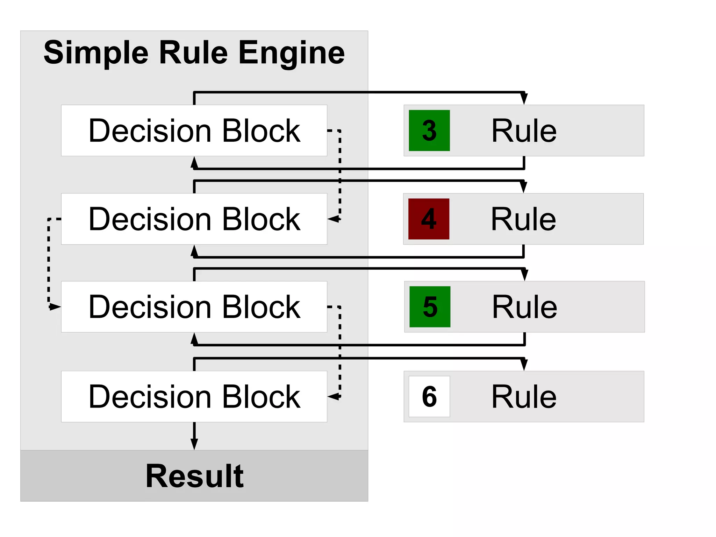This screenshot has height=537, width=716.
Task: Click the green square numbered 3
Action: (429, 130)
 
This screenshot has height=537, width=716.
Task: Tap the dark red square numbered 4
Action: (429, 219)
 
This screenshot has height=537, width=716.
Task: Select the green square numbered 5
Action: (430, 307)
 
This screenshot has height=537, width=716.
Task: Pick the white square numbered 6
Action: (429, 396)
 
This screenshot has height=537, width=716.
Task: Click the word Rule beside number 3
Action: (524, 131)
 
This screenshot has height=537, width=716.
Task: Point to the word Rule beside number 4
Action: (523, 219)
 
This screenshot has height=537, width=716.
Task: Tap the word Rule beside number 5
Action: (524, 307)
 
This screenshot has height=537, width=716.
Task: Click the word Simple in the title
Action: (96, 53)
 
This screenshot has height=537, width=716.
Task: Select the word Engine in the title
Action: (292, 53)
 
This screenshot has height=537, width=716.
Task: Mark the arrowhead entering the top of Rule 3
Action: (524, 99)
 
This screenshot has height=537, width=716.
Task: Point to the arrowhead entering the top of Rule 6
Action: (524, 365)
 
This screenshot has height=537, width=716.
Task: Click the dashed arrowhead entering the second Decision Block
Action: (334, 219)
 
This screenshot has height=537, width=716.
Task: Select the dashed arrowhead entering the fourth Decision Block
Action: (334, 396)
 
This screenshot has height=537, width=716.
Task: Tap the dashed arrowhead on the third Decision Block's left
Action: (55, 307)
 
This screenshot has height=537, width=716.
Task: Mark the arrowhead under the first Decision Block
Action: (194, 163)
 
